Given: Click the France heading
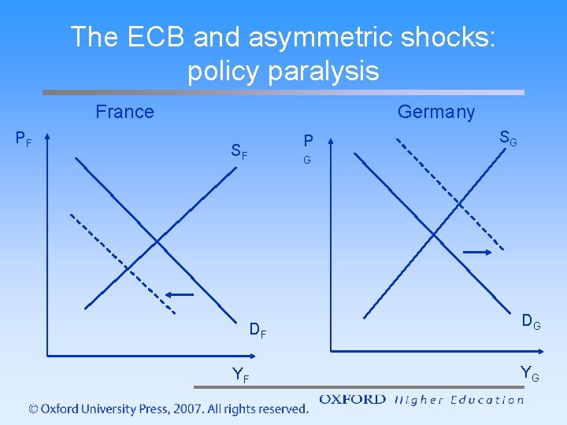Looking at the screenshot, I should (124, 112).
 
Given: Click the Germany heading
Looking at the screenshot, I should (436, 112).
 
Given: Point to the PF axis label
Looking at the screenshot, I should (24, 139).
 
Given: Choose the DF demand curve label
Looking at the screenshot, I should (258, 331).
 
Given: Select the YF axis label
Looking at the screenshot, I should (240, 376).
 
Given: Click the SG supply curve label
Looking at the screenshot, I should (508, 139).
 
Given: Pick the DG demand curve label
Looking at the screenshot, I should (531, 321).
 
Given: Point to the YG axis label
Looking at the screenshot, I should (529, 373).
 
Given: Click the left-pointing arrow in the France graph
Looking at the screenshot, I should (179, 294).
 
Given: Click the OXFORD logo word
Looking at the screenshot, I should (352, 400).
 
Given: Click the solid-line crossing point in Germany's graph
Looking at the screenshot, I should (433, 234).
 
